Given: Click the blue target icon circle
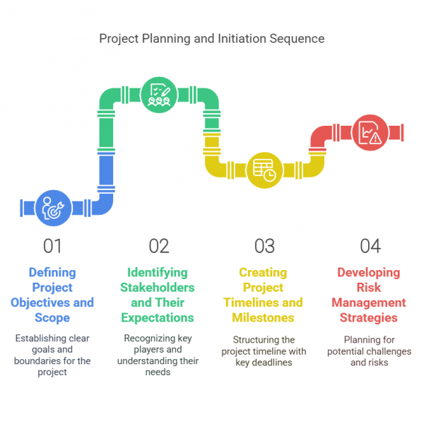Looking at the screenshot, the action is click(54, 208).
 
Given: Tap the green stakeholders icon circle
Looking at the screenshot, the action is click(159, 95).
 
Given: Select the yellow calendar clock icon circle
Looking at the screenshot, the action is click(265, 170).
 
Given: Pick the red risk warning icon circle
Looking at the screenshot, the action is click(370, 133).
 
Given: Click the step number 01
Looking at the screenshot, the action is click(52, 246).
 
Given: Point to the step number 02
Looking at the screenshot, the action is click(159, 246).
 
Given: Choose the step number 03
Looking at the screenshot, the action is click(264, 246).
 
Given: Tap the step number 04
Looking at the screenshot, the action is click(370, 246).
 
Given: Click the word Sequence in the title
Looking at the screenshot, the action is click(297, 39).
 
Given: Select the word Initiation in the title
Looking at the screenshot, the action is click(242, 38).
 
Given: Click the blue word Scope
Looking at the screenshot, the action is click(52, 318).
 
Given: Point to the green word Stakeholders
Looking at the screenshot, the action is click(158, 288).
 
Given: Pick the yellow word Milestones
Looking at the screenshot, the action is click(263, 318).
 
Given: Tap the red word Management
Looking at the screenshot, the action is click(369, 303).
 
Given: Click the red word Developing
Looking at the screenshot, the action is click(369, 273).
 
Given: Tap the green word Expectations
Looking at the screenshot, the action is click(158, 318).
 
